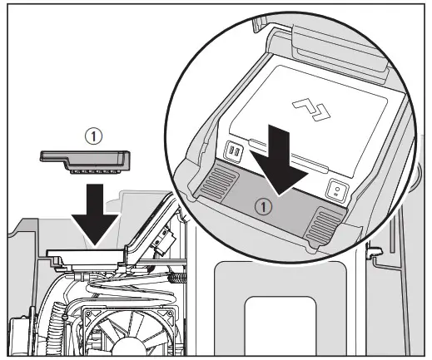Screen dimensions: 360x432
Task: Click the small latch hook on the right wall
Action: click(376, 250)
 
